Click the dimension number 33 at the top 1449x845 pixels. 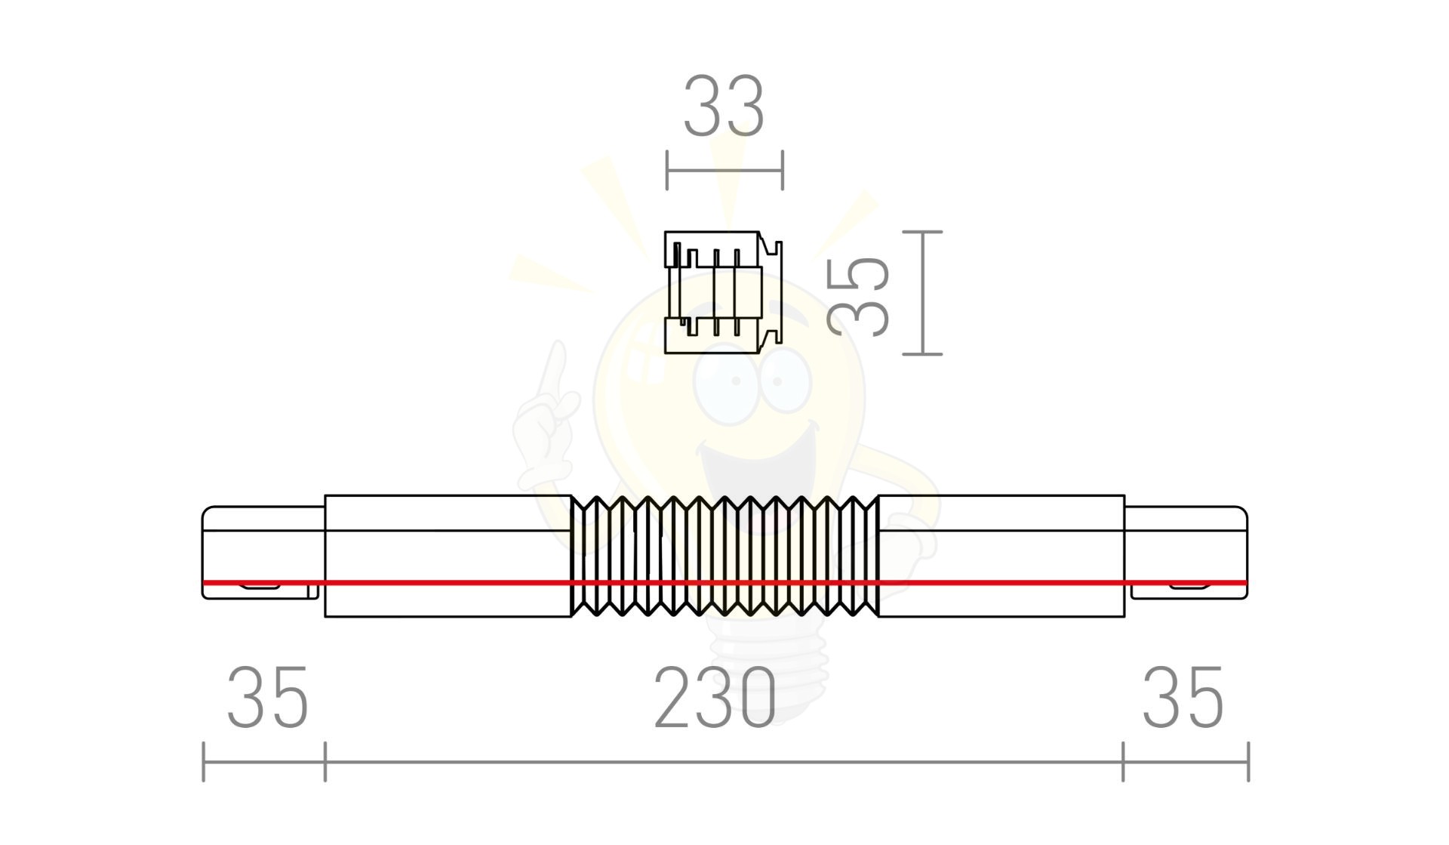click(724, 106)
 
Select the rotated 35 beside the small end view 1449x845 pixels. click(859, 295)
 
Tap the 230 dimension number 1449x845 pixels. click(715, 698)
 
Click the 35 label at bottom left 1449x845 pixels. click(268, 698)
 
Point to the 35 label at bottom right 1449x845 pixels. click(1183, 698)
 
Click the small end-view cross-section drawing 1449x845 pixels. click(723, 292)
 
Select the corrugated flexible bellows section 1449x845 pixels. click(725, 556)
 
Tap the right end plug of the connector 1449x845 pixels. click(1186, 553)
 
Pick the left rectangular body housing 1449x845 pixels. click(448, 556)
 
